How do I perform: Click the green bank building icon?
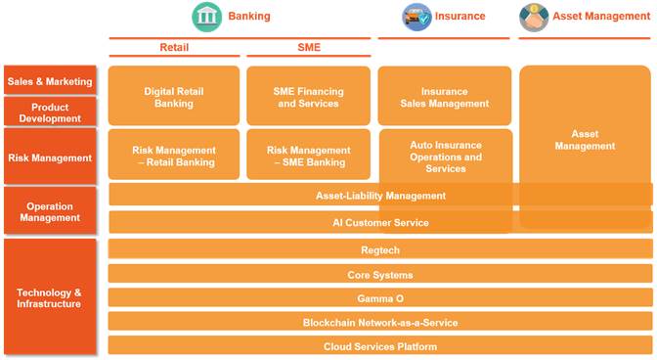[206, 17]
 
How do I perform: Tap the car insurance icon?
[416, 17]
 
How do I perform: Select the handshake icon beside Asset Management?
[534, 18]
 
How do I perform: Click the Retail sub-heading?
[174, 47]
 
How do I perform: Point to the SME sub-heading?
[309, 47]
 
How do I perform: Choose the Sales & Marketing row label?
[50, 80]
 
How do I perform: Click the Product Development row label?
[50, 112]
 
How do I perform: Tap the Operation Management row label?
[50, 210]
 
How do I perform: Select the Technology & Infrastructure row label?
[50, 297]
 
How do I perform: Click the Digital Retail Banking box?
[174, 96]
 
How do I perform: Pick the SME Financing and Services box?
[308, 96]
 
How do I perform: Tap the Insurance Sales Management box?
[445, 96]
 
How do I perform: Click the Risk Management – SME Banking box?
[308, 155]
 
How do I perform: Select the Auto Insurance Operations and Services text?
[446, 157]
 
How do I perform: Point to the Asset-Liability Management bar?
[380, 195]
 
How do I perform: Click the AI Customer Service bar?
[380, 222]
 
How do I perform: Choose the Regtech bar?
[380, 248]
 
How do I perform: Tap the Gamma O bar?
[380, 297]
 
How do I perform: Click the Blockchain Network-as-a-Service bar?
[380, 322]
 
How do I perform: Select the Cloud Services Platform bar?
[380, 345]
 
